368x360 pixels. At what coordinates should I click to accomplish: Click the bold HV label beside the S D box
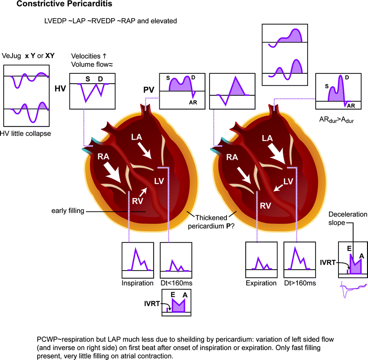(x=60, y=89)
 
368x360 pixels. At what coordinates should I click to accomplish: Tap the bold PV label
(x=149, y=90)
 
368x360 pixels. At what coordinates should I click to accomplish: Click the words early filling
(x=67, y=210)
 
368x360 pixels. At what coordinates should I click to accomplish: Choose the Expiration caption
(x=261, y=283)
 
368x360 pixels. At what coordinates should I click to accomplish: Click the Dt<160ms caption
(x=175, y=283)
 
